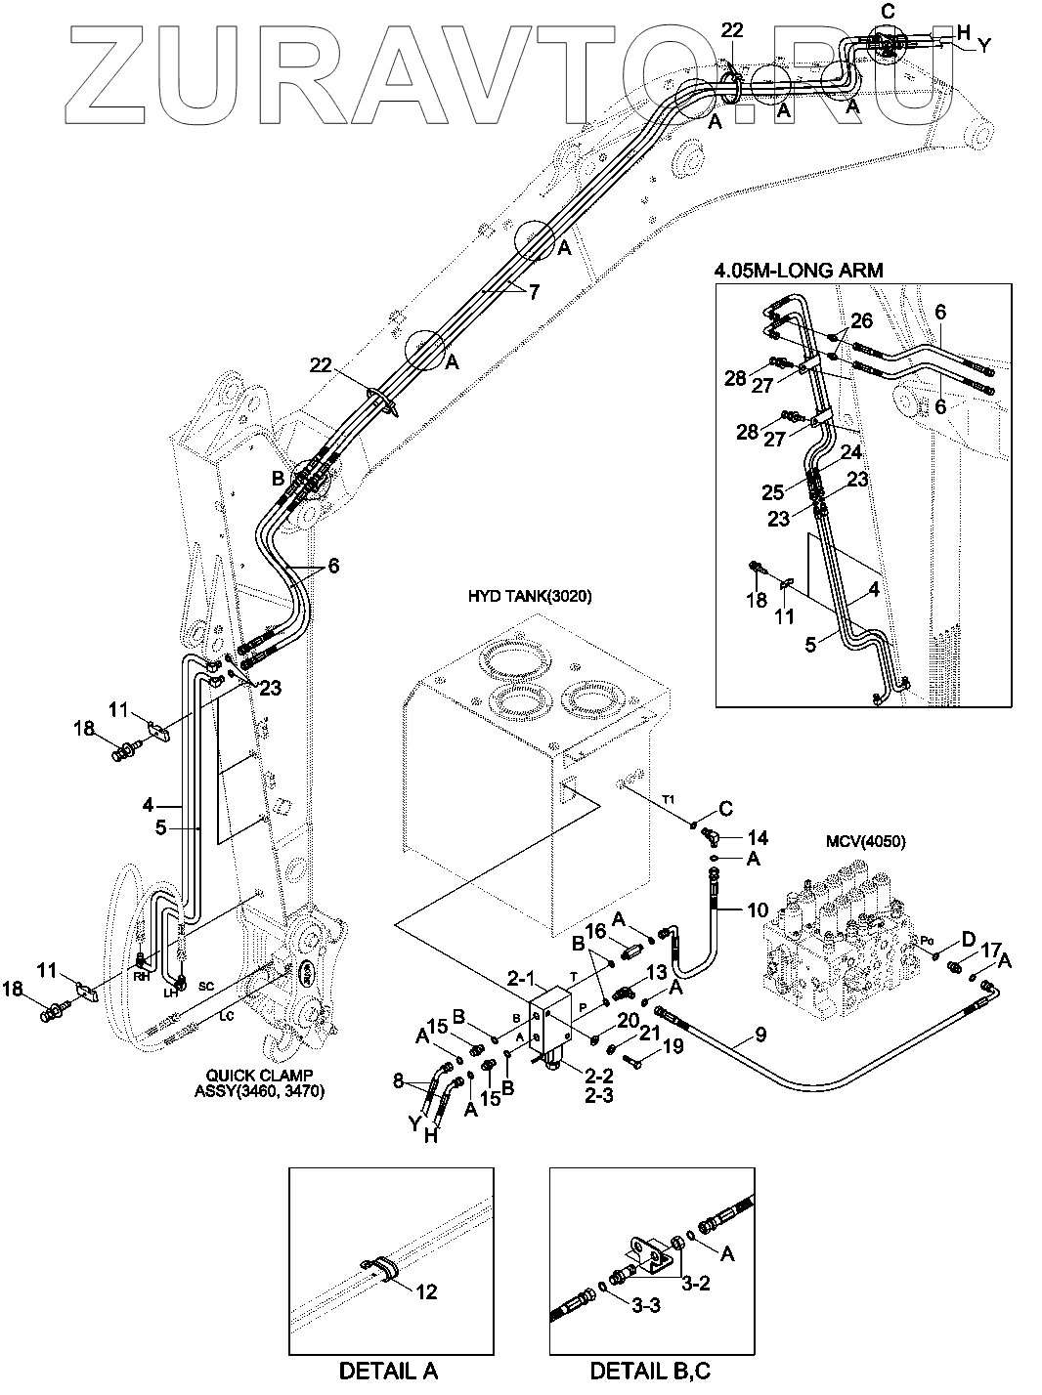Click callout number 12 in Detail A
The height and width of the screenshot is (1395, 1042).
coord(426,1291)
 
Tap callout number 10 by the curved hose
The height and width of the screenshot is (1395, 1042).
coord(758,911)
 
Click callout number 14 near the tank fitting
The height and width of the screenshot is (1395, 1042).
coord(758,837)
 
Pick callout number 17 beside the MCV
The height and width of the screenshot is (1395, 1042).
coord(990,949)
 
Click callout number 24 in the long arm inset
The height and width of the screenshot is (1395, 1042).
coord(852,452)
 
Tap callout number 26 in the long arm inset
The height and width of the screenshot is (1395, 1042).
coord(860,320)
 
